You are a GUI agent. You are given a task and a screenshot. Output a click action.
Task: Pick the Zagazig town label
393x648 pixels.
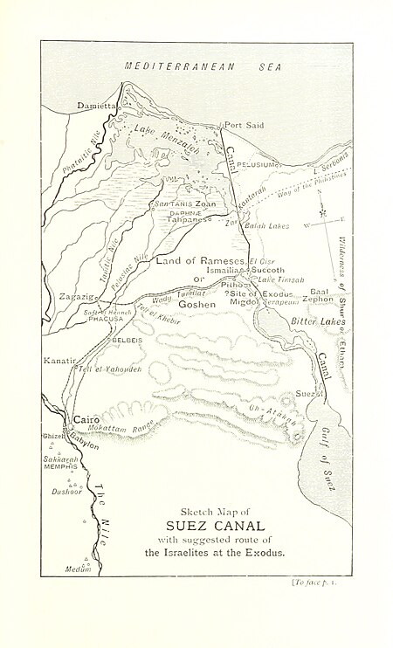coord(76,298)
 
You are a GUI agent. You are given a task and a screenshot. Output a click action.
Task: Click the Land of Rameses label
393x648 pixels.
coord(201,261)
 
